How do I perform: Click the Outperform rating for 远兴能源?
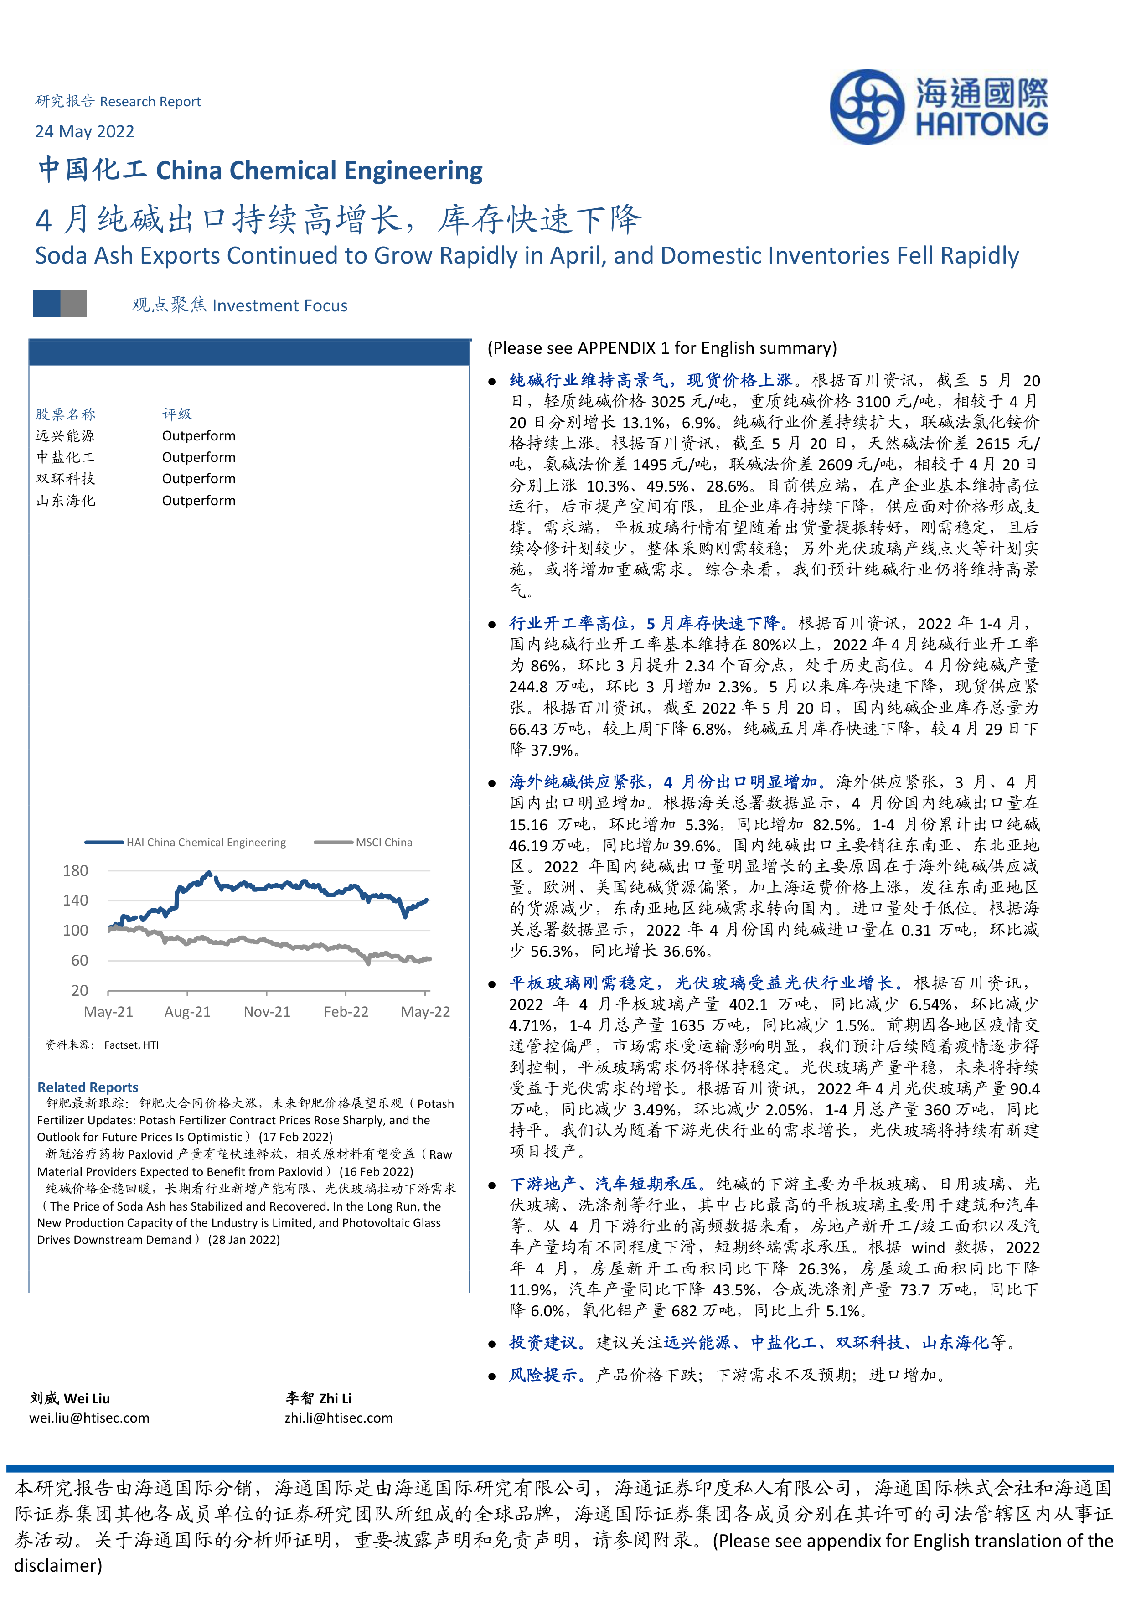(x=198, y=435)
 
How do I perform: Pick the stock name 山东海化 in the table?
(x=66, y=500)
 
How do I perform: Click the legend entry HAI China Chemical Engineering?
(x=206, y=842)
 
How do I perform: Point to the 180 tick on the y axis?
(x=75, y=870)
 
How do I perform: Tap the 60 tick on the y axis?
(x=79, y=960)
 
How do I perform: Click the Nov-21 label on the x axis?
(x=267, y=1011)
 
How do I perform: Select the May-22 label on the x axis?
(x=425, y=1011)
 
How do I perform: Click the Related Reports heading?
(x=88, y=1087)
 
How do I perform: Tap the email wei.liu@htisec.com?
(x=89, y=1418)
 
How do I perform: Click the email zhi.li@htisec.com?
(x=338, y=1418)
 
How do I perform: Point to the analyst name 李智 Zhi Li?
(x=318, y=1398)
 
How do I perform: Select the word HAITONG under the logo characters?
(x=981, y=124)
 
